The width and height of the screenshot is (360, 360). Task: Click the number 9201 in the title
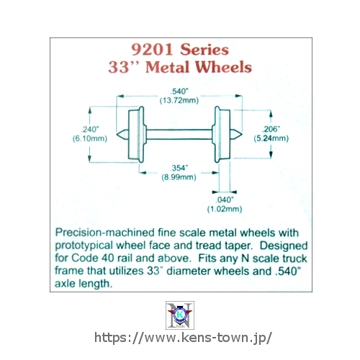pos(152,50)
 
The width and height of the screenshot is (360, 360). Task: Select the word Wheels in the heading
pos(223,67)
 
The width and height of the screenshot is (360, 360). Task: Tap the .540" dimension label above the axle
pos(179,91)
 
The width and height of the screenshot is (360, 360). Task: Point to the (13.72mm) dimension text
pos(179,100)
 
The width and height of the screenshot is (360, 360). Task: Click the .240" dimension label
pos(90,130)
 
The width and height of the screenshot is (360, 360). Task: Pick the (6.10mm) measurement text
pos(90,138)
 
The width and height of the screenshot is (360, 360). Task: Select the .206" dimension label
pos(271,129)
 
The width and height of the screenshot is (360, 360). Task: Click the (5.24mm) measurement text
pos(271,138)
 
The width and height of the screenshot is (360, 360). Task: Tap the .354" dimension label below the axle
pos(179,168)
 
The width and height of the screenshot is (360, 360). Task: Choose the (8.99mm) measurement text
pos(179,177)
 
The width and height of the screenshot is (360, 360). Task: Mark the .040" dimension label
pos(225,199)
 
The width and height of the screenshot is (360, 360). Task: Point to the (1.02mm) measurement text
pos(225,209)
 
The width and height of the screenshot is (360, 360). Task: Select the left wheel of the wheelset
pos(137,135)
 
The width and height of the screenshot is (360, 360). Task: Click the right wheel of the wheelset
pos(222,135)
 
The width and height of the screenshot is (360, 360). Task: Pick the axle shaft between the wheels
pos(179,135)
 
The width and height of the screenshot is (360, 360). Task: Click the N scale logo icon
pos(180,315)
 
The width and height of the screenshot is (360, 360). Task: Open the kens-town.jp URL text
pos(183,338)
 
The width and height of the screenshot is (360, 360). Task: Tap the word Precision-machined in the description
pos(105,233)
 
